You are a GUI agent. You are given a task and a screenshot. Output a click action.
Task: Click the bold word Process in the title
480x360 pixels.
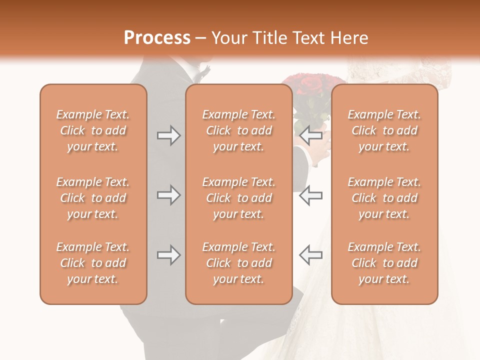(x=157, y=38)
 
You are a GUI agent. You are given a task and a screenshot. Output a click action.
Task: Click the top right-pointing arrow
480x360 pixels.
(x=168, y=135)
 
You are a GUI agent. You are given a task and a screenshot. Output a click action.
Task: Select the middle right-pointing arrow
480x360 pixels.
(x=168, y=195)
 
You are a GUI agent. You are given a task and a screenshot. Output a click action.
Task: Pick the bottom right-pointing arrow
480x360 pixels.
(x=168, y=255)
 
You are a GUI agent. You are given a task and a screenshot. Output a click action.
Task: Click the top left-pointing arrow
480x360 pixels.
(x=310, y=135)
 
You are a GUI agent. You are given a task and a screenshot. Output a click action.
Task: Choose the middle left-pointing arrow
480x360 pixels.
(x=310, y=195)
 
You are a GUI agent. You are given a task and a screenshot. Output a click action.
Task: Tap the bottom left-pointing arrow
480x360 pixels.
(x=310, y=255)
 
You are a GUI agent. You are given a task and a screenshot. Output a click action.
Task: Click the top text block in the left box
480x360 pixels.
(x=93, y=130)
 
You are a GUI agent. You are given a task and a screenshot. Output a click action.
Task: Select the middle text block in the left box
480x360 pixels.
(x=93, y=198)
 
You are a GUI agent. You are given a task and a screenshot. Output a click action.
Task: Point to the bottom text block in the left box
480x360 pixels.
(x=93, y=263)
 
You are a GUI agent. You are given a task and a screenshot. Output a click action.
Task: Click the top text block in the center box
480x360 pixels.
(x=238, y=130)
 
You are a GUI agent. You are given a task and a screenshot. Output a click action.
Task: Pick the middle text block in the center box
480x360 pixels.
(x=238, y=198)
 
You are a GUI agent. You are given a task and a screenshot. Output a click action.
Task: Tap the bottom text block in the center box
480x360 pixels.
(x=238, y=263)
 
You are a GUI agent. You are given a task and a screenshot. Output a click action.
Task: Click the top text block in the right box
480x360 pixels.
(x=384, y=130)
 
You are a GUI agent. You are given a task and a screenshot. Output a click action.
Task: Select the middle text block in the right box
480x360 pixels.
(x=384, y=198)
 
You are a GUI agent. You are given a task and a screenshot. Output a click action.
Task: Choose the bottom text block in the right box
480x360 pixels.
(x=384, y=263)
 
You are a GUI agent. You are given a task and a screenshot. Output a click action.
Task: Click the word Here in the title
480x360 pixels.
(x=349, y=38)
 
